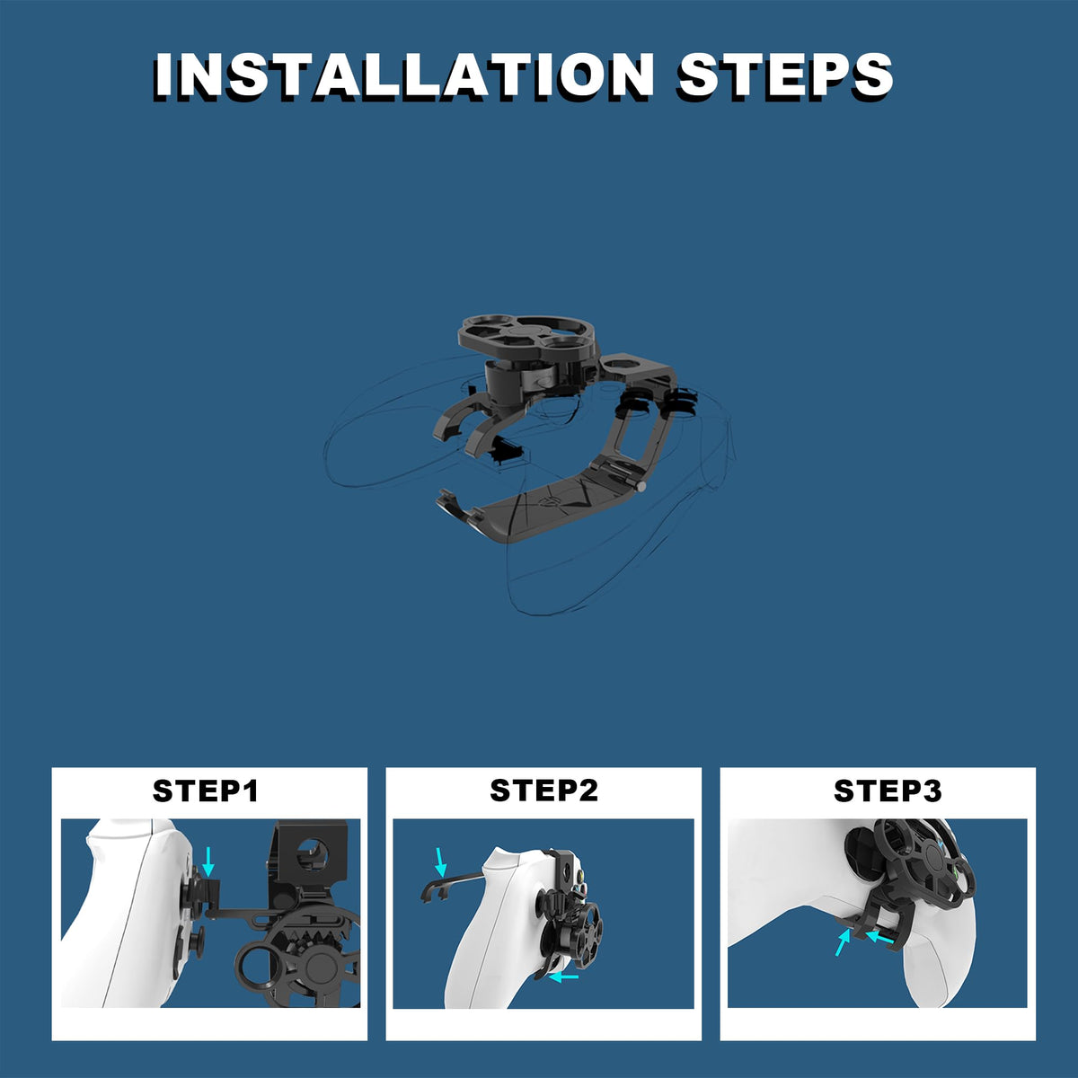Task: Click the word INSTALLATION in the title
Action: (x=403, y=76)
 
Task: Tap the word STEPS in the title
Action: (x=785, y=76)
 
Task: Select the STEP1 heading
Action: (x=206, y=791)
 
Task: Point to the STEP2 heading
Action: (x=543, y=790)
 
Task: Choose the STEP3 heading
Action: (x=888, y=791)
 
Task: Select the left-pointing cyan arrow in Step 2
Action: (x=563, y=976)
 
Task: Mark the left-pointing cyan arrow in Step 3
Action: (x=879, y=937)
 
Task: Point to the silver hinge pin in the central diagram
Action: (x=641, y=486)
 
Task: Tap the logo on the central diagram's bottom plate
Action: (x=550, y=499)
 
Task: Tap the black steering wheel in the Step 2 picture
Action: (x=572, y=939)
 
